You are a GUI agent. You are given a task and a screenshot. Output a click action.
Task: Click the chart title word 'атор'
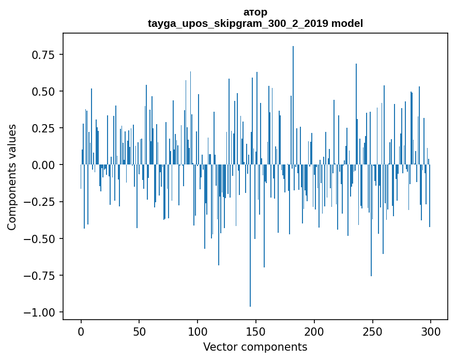(255, 12)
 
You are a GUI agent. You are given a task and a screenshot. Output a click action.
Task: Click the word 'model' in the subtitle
(347, 23)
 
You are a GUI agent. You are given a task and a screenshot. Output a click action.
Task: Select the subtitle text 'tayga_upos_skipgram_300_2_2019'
(238, 23)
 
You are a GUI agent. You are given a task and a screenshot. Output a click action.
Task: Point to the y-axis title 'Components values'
(11, 177)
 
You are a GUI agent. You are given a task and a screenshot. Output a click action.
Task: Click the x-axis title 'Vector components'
(255, 347)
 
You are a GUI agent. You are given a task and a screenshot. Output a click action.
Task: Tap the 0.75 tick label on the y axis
(43, 54)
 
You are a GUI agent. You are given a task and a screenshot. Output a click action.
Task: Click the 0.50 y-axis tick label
(43, 91)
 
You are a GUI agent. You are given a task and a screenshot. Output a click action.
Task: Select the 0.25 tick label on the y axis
(43, 128)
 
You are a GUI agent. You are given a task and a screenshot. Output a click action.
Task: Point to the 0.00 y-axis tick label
(43, 165)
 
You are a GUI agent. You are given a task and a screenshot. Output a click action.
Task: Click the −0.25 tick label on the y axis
(39, 202)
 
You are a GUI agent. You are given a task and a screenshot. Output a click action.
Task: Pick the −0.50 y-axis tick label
(39, 238)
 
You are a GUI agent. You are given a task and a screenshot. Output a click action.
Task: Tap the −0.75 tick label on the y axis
(39, 276)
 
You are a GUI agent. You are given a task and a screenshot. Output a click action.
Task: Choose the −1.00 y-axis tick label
(39, 312)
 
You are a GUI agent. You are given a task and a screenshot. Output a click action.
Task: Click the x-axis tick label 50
(139, 332)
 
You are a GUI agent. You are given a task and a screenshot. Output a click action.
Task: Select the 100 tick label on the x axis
(198, 332)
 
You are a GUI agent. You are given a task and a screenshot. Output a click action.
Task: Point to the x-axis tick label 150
(256, 332)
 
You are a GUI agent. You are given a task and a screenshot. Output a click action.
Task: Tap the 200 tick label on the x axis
(314, 332)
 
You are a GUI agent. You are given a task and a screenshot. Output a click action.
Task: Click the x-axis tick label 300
(431, 332)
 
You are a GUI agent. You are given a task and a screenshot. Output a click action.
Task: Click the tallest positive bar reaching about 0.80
(293, 105)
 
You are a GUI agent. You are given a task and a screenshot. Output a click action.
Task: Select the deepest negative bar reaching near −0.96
(250, 235)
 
